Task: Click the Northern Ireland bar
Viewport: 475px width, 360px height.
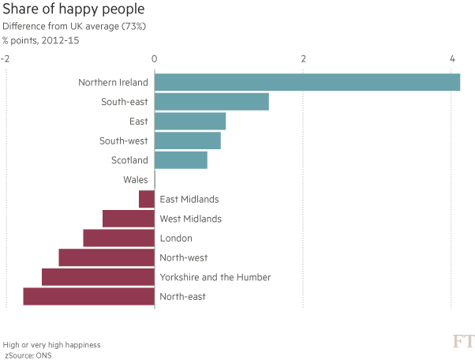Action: point(307,82)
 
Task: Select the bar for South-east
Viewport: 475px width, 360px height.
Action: point(211,102)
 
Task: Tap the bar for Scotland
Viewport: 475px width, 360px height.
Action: point(181,160)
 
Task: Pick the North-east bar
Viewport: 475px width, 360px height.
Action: point(88,297)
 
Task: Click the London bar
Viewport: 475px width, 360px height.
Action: point(118,238)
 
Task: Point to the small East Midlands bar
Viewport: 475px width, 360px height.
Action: point(147,200)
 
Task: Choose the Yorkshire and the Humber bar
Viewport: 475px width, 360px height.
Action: point(98,277)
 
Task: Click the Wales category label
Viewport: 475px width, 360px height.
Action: point(135,180)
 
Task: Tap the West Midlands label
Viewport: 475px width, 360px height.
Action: point(190,219)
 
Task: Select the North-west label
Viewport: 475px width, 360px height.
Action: point(182,258)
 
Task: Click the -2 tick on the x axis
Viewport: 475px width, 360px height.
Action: point(6,59)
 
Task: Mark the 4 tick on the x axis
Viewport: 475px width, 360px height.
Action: point(452,59)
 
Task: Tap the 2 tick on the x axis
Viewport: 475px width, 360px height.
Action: point(303,59)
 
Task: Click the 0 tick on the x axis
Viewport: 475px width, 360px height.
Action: point(154,59)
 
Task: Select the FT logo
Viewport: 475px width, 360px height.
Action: point(462,342)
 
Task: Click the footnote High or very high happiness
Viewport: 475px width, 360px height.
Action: point(51,346)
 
